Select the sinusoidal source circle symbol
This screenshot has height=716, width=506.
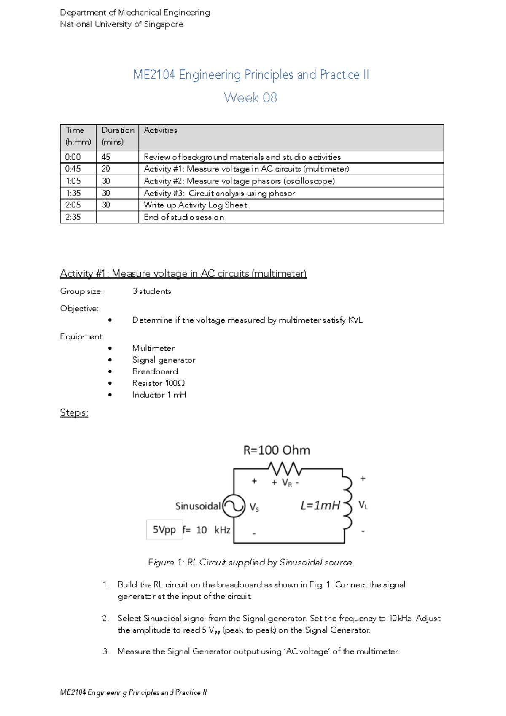pyautogui.click(x=234, y=506)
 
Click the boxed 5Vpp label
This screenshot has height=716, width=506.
pyautogui.click(x=164, y=530)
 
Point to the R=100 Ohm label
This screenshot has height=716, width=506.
pyautogui.click(x=277, y=450)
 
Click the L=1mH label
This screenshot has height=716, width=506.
pyautogui.click(x=320, y=505)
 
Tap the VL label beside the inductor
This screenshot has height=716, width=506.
pyautogui.click(x=363, y=505)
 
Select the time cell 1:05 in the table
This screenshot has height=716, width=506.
pyautogui.click(x=73, y=181)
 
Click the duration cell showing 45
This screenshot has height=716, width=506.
pyautogui.click(x=106, y=157)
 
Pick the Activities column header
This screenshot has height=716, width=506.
pyautogui.click(x=161, y=130)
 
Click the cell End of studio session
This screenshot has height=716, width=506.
pyautogui.click(x=184, y=217)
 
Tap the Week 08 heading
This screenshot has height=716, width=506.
pyautogui.click(x=250, y=98)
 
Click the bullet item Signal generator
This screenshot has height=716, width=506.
pyautogui.click(x=164, y=360)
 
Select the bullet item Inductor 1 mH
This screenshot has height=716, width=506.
pyautogui.click(x=159, y=395)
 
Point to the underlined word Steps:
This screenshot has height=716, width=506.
pyautogui.click(x=74, y=412)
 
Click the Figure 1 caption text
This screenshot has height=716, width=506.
pyautogui.click(x=251, y=562)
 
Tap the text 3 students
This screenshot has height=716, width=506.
pyautogui.click(x=152, y=291)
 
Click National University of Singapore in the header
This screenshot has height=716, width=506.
pyautogui.click(x=121, y=24)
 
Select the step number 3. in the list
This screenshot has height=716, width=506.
pyautogui.click(x=105, y=651)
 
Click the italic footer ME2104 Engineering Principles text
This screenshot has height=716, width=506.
pyautogui.click(x=133, y=692)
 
